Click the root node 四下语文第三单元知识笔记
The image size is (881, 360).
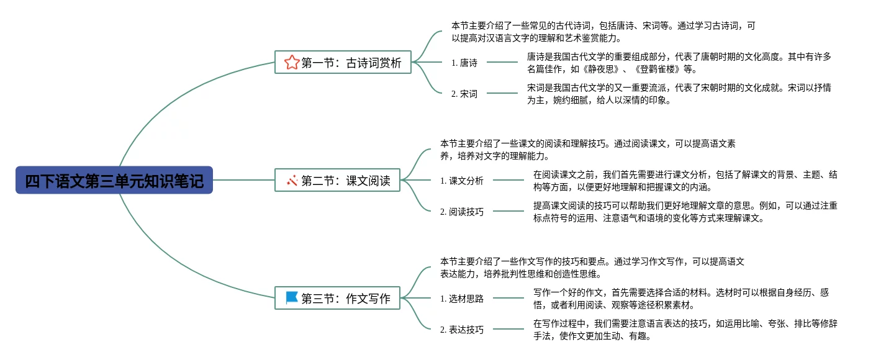point(114,180)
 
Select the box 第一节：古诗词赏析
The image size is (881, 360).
point(343,62)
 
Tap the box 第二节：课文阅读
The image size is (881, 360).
point(337,181)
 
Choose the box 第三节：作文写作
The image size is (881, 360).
point(337,299)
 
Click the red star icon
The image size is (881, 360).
point(291,62)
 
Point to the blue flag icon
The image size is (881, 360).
point(291,298)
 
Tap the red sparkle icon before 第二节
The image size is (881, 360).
point(291,181)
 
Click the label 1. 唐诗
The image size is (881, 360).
point(464,62)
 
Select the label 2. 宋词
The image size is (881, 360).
point(464,94)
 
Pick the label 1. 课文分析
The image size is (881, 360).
point(462,181)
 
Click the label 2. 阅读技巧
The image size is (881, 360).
point(462,212)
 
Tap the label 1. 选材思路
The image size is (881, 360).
point(462,299)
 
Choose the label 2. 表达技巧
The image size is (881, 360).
point(462,330)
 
